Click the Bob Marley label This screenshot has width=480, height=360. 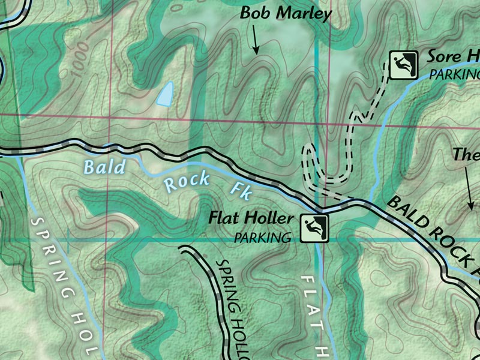(x=286, y=14)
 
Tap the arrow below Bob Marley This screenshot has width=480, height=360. (x=254, y=43)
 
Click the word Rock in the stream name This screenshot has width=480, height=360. (x=187, y=180)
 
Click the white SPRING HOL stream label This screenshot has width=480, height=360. (x=64, y=282)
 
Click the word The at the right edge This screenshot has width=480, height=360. (x=466, y=155)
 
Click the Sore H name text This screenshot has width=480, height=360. (x=454, y=56)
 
